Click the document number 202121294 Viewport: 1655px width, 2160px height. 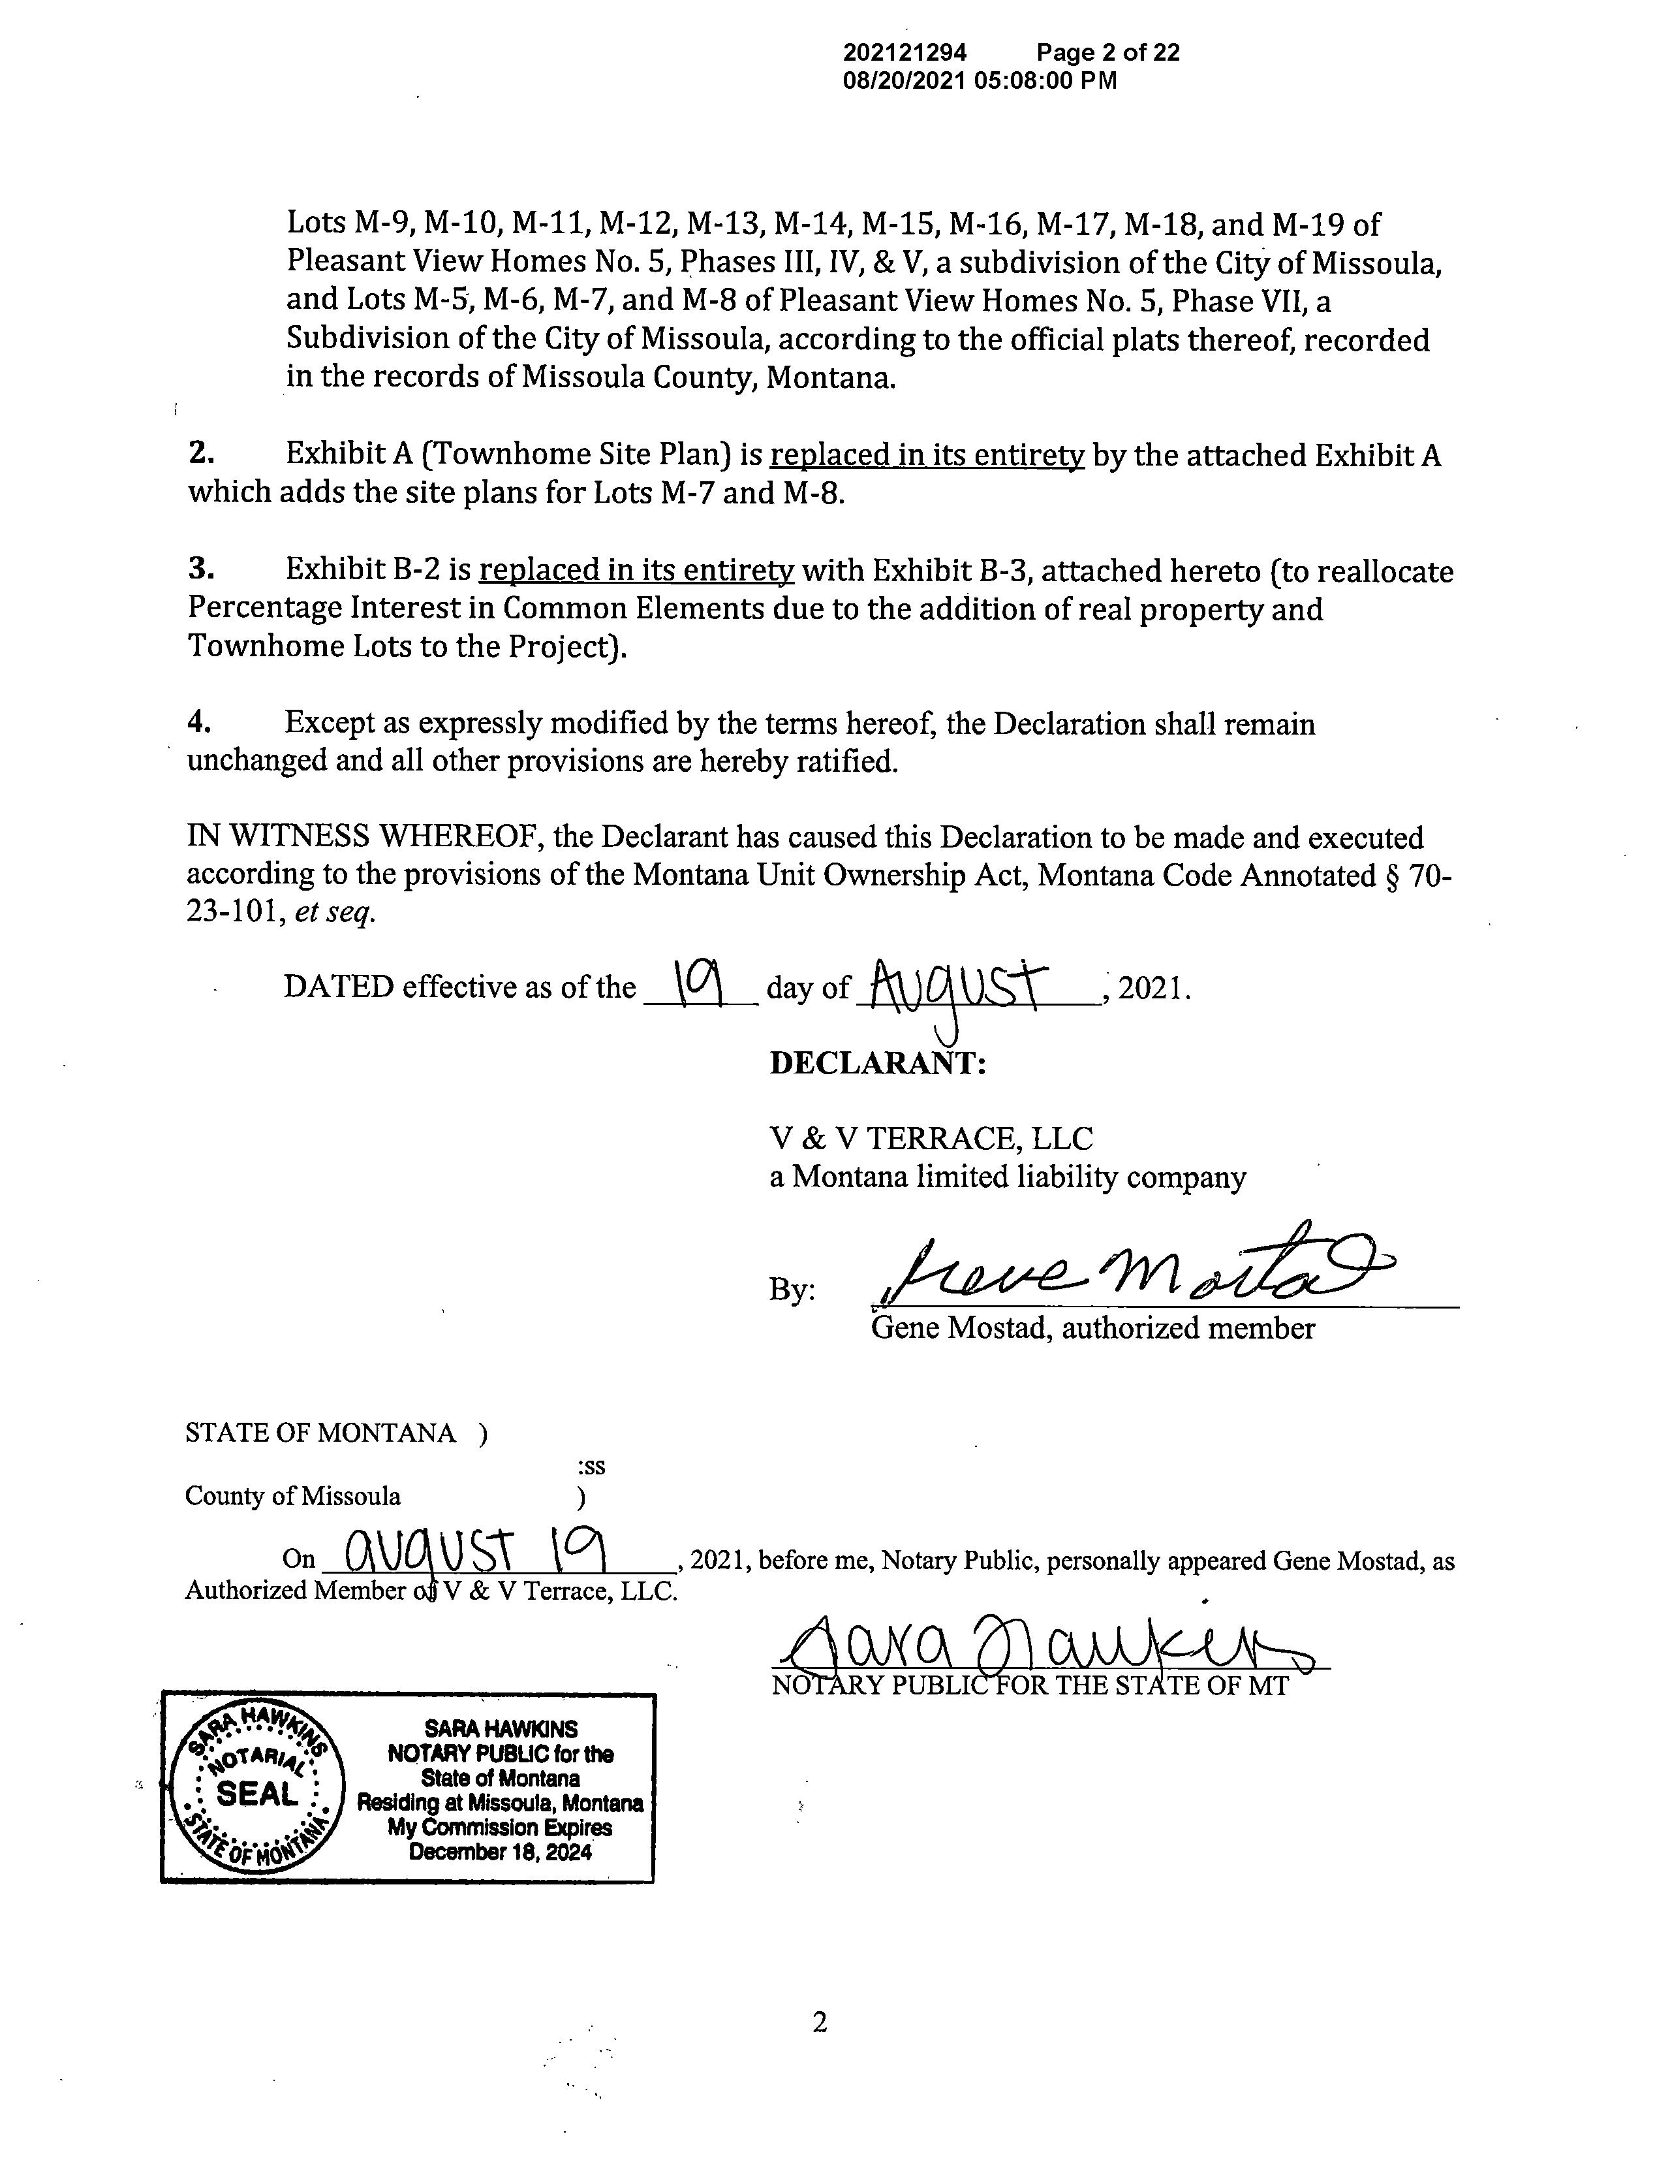[905, 53]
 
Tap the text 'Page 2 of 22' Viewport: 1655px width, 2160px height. [1107, 53]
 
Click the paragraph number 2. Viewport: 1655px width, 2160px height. [201, 454]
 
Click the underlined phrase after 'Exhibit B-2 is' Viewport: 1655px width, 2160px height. [636, 571]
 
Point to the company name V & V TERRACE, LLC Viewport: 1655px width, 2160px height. [931, 1139]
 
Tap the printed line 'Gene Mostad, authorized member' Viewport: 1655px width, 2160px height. [1092, 1328]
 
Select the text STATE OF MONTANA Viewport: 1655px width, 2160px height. [320, 1433]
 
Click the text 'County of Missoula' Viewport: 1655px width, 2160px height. [292, 1496]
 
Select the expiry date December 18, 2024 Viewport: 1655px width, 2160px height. [501, 1852]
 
